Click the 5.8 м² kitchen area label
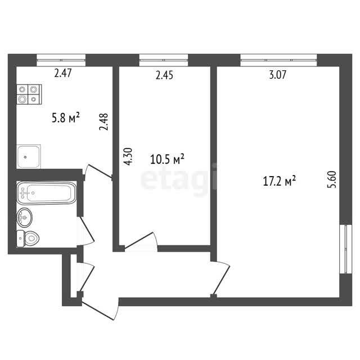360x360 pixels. (66, 118)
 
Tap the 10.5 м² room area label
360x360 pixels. (167, 159)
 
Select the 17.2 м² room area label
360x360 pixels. (279, 181)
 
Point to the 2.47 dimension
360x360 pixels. (63, 73)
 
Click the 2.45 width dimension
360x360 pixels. (164, 75)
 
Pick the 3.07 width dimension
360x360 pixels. (278, 75)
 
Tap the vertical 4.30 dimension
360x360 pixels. (128, 156)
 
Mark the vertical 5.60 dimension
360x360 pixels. (332, 179)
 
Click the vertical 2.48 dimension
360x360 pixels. (103, 121)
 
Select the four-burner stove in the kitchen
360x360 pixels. (29, 94)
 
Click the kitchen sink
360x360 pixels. (29, 156)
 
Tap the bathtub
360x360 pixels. (46, 193)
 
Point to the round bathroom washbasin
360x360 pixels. (25, 217)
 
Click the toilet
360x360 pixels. (28, 238)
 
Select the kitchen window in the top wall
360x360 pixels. (61, 60)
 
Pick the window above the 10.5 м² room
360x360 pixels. (164, 60)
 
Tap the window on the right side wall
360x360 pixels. (346, 249)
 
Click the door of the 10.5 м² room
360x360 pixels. (141, 241)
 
